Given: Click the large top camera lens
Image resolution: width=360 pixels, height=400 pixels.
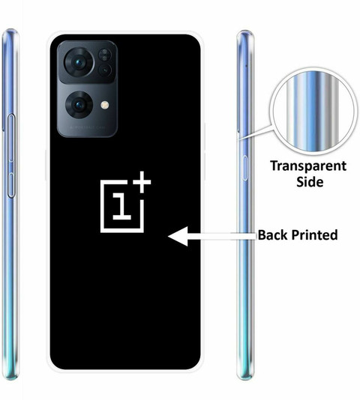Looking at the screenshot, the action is click(79, 62).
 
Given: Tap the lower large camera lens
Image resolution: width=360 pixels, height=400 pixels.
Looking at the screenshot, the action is click(79, 105).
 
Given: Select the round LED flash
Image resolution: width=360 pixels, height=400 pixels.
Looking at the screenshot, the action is click(105, 105).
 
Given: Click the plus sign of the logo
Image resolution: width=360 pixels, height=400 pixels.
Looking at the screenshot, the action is click(142, 182).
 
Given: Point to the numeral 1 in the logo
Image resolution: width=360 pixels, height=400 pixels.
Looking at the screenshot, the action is click(121, 206).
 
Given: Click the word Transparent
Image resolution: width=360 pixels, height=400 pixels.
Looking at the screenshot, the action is click(308, 166).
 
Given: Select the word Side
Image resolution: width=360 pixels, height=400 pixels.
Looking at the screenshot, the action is click(310, 182).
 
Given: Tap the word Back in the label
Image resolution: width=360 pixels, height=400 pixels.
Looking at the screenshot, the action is click(273, 234).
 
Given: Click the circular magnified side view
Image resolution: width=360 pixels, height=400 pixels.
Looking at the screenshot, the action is click(313, 112).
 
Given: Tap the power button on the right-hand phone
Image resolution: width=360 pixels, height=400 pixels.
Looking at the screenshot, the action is click(244, 168).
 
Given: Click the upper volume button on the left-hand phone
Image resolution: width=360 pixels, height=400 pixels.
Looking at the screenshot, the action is click(11, 138).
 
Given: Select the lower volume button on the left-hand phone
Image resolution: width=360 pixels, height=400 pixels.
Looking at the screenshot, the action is click(11, 185).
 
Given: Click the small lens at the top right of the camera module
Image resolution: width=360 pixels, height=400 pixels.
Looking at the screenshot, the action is click(104, 55).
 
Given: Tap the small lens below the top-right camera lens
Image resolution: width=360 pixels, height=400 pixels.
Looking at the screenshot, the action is click(105, 70).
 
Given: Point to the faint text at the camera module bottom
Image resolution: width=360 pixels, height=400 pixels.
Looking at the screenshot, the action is click(88, 127).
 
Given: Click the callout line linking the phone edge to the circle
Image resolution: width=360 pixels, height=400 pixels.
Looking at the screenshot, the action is click(254, 133).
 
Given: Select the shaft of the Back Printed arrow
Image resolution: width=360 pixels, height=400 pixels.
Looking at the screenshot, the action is click(222, 236).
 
